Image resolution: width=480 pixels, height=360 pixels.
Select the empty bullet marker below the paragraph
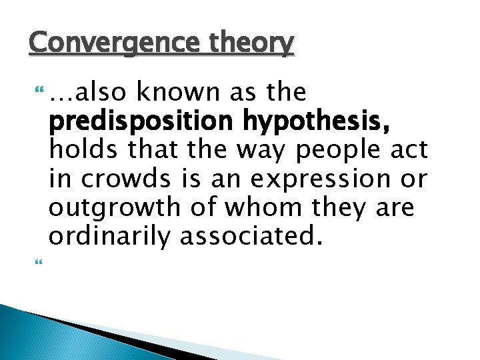pyautogui.click(x=35, y=265)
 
